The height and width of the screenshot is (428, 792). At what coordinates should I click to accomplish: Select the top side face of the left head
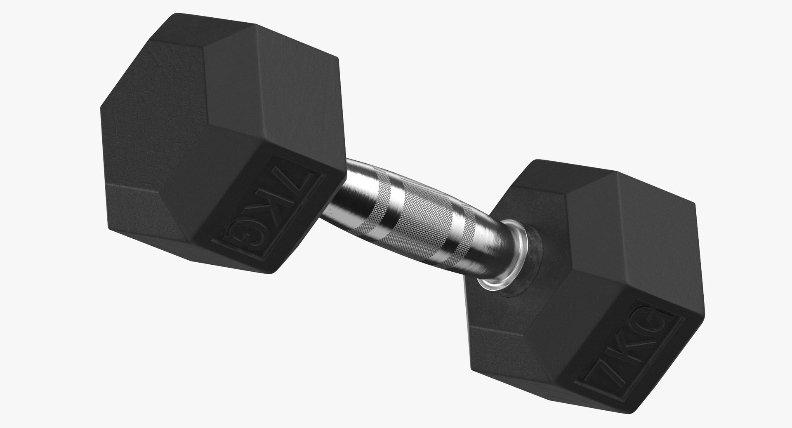(x=264, y=82)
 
